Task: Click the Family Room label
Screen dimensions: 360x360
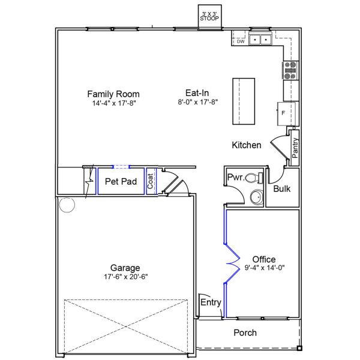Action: coord(113,94)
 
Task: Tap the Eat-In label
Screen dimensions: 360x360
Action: coord(197,93)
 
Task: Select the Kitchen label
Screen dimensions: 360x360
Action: coord(247,145)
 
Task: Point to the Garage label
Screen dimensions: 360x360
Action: coord(125,268)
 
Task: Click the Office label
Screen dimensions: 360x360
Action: coord(264,259)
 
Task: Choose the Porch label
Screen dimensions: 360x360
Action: coord(245,332)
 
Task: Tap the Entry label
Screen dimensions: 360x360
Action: coord(211,302)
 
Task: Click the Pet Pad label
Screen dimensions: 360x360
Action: coord(121,181)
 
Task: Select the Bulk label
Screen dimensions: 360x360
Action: coord(282,188)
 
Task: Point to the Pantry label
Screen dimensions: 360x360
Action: coord(295,148)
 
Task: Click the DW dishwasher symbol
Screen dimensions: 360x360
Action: coord(240,41)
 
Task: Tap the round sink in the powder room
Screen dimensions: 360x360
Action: coord(256,197)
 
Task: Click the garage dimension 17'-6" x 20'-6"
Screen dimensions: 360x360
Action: coord(125,277)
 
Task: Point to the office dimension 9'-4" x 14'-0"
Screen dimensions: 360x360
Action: coord(264,268)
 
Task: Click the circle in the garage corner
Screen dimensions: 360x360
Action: coord(66,205)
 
